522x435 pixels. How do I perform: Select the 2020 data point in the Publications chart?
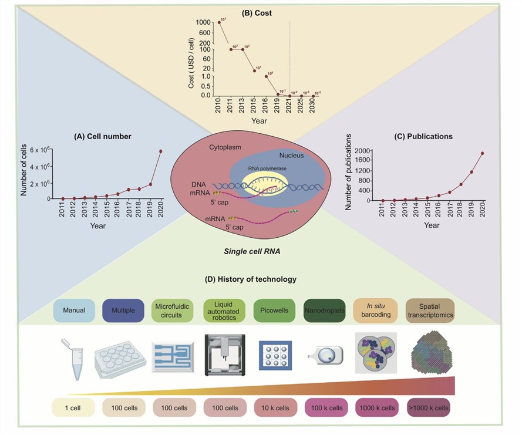click(482, 154)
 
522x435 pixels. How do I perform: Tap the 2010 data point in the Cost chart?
click(220, 22)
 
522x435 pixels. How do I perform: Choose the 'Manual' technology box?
click(74, 310)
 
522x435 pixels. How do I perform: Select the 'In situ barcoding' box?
click(375, 310)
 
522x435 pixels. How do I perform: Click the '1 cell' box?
click(75, 407)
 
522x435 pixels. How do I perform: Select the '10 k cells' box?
click(274, 407)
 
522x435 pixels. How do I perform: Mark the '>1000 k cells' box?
click(430, 407)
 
